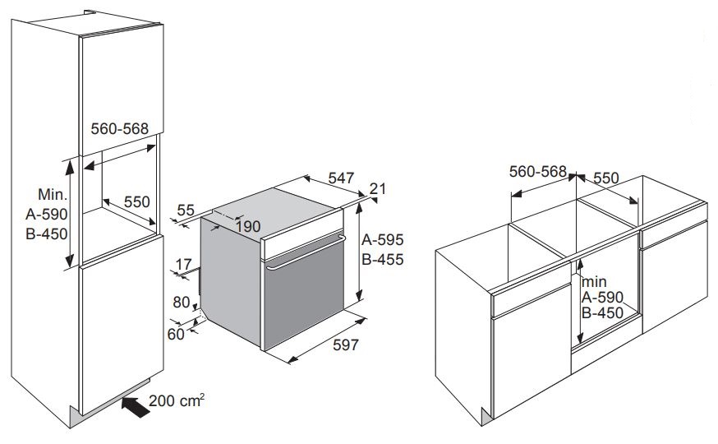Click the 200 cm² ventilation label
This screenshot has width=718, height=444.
click(x=177, y=400)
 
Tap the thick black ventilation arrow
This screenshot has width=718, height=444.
click(x=136, y=407)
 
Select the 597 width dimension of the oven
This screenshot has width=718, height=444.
click(x=345, y=345)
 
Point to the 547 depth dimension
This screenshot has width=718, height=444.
click(x=341, y=178)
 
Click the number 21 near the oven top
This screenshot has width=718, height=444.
click(x=378, y=188)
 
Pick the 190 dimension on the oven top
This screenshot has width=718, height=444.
click(x=248, y=226)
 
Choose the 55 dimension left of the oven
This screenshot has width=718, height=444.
click(x=186, y=210)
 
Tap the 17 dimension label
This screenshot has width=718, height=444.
click(x=184, y=265)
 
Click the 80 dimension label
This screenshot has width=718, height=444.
click(x=182, y=303)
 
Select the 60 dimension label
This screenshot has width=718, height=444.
click(x=176, y=335)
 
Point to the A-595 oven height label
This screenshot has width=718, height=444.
click(x=383, y=239)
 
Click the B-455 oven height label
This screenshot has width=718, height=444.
click(x=383, y=260)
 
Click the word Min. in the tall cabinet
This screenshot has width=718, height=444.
click(x=53, y=194)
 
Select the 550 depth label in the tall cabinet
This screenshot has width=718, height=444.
click(x=137, y=201)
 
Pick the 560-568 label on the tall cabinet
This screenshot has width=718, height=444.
click(x=119, y=129)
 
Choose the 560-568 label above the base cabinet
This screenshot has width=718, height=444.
click(x=538, y=171)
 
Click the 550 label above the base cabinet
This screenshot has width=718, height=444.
click(x=606, y=178)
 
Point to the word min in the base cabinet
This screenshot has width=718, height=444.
click(x=595, y=281)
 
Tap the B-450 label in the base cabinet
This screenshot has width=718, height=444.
click(x=603, y=313)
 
